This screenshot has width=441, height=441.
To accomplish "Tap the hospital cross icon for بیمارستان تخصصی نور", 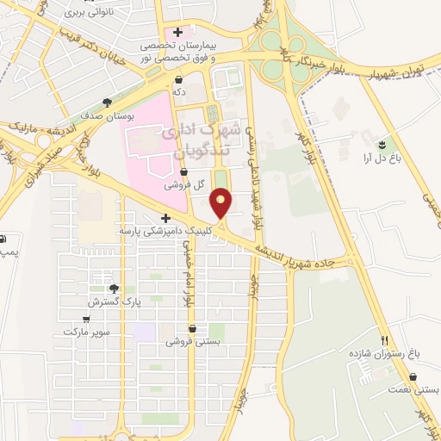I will (x=177, y=33).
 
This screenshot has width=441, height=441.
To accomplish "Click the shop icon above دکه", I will (x=177, y=80).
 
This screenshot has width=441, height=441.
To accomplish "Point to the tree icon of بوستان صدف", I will (x=108, y=102).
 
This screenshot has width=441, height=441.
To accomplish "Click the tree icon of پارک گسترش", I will (x=113, y=289).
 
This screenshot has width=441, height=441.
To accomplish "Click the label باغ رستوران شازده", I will (x=384, y=354).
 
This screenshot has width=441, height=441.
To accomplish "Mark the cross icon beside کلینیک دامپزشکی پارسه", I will (x=165, y=218).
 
